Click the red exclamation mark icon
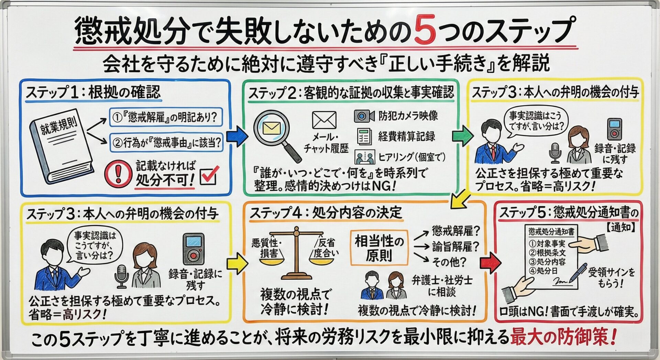tap(118, 173)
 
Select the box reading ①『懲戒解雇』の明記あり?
tap(166, 118)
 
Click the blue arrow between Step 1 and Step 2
tap(237, 137)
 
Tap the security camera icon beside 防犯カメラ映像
tap(364, 116)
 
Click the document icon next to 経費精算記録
tap(364, 137)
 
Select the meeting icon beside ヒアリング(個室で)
tap(365, 157)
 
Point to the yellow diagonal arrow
tap(461, 200)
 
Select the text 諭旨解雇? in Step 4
tap(455, 246)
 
